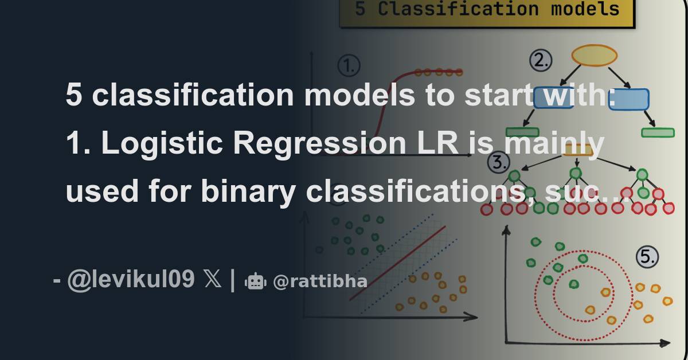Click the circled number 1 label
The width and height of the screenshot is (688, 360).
pos(349,66)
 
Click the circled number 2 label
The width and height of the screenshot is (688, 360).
pos(540,60)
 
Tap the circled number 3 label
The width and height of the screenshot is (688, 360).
pos(498,163)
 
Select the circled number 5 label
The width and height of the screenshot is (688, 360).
pos(647,257)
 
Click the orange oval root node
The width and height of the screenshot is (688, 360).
pos(595,56)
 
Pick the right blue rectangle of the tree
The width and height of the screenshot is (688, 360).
pos(628,100)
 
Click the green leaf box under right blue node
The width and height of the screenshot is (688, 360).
pos(658,132)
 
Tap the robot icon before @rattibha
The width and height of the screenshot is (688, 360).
pos(255,281)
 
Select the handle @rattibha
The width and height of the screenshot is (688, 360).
pos(320,281)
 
